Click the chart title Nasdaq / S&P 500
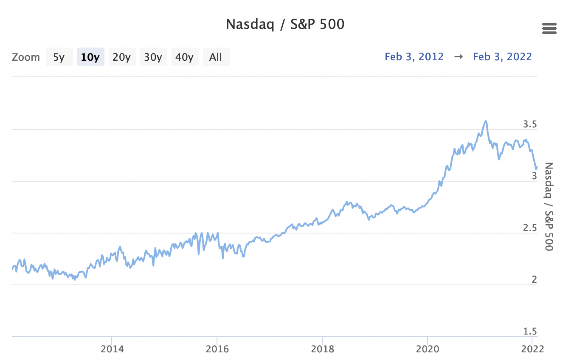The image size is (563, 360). click(x=285, y=24)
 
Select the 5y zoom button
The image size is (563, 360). click(x=59, y=57)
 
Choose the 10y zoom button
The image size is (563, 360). click(x=90, y=57)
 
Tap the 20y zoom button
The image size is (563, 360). click(x=122, y=57)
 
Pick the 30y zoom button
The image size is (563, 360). click(x=153, y=57)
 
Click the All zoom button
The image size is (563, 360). click(x=216, y=57)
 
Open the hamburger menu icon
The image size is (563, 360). click(x=549, y=29)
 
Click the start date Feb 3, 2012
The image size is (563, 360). click(x=414, y=56)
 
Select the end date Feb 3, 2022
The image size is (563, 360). click(x=502, y=56)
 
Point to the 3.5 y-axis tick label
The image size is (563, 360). click(x=530, y=124)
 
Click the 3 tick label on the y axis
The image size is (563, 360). click(x=535, y=176)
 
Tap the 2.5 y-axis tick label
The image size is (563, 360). click(x=530, y=228)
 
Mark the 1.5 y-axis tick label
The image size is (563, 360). click(x=530, y=332)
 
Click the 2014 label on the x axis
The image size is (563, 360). click(x=112, y=349)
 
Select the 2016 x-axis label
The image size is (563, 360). click(x=217, y=349)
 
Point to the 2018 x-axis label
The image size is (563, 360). click(x=323, y=349)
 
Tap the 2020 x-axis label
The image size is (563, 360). click(x=428, y=349)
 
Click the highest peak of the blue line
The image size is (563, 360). click(x=485, y=121)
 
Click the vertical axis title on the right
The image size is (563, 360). click(x=549, y=206)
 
